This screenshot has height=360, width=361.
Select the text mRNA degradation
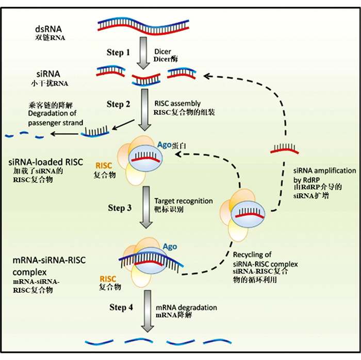(186, 307)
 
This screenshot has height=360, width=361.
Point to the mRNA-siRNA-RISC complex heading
(42, 266)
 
